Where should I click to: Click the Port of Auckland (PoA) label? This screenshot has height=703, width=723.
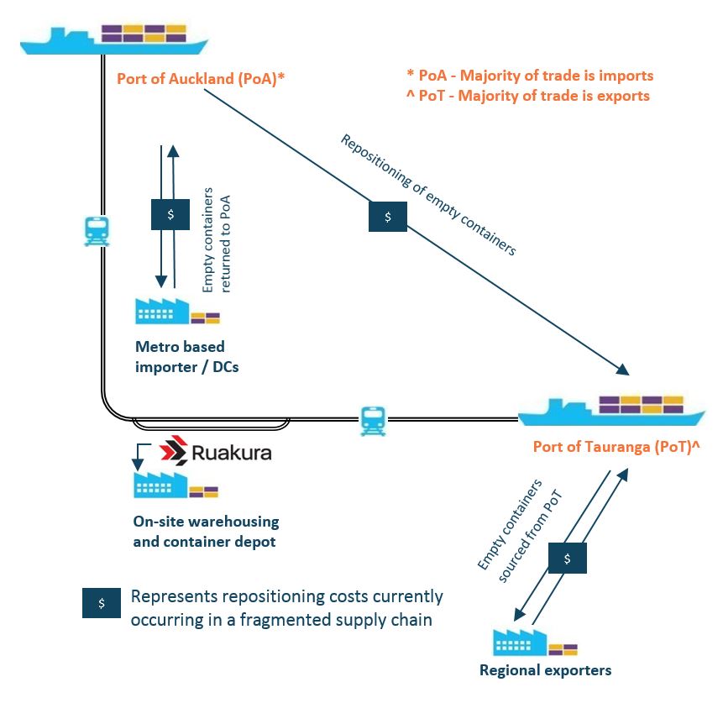tap(202, 80)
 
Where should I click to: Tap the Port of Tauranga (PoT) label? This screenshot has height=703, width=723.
tap(616, 447)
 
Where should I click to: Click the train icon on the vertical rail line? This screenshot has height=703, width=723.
tap(97, 231)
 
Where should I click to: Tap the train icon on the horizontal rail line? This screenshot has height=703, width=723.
tap(372, 420)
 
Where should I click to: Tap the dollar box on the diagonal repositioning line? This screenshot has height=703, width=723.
tap(388, 217)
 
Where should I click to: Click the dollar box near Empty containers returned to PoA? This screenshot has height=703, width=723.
tap(170, 214)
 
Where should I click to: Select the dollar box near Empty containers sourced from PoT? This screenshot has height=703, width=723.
tap(568, 558)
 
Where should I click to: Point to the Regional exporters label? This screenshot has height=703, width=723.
tap(545, 670)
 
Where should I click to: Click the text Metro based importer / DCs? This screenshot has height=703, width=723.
tap(187, 356)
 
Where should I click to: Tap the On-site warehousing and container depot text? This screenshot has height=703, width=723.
tap(206, 532)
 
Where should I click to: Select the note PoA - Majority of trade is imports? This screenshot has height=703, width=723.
tap(529, 76)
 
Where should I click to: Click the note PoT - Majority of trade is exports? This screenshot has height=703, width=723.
tap(527, 96)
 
